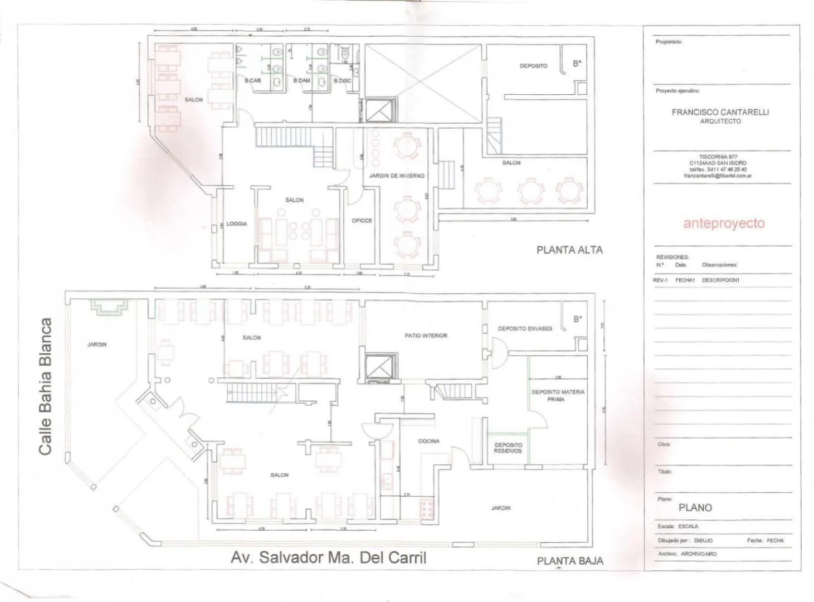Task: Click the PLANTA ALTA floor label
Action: coord(569,250)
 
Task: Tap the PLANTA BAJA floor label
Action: coord(569,561)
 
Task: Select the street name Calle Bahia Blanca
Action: coord(46,386)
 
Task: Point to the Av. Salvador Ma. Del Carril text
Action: coord(328,557)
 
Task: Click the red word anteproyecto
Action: coord(724,224)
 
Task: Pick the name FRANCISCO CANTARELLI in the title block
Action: coord(720,112)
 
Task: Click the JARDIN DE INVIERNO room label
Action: coord(396,176)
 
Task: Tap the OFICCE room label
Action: coord(362,221)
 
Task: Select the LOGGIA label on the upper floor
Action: coord(237,224)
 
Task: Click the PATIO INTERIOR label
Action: coord(426,336)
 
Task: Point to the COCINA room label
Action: coord(429,441)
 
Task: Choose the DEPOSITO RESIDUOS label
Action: coord(508,448)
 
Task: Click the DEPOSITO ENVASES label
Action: coord(525,329)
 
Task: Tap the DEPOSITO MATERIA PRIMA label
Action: coord(558,395)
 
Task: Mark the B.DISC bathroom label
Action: coord(342,81)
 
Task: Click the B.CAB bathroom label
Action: coord(252,81)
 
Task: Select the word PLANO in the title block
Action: coord(695,508)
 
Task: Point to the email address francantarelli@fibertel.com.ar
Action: coord(718,176)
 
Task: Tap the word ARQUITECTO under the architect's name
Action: coord(720,121)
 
